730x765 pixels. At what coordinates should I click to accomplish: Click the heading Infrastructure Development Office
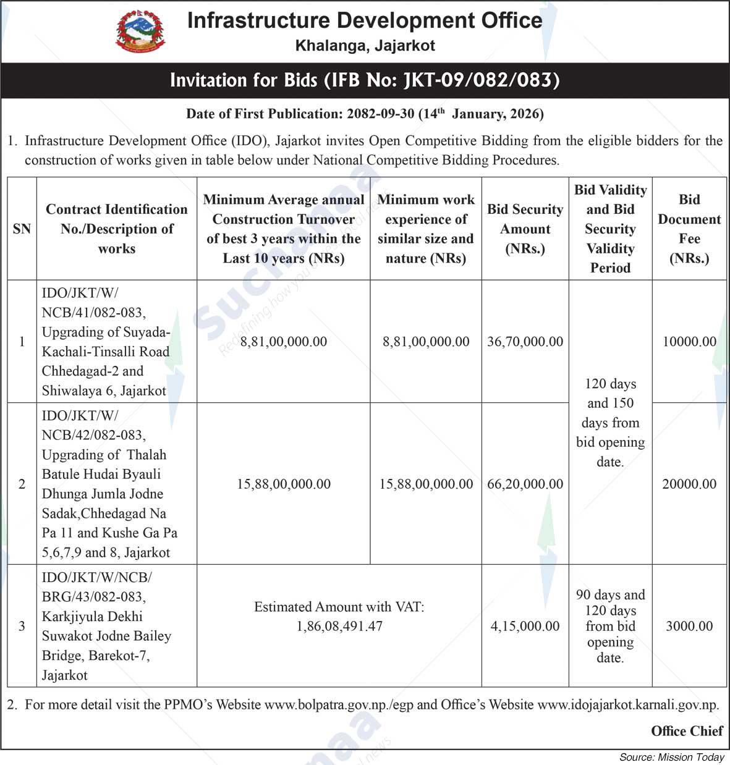[365, 20]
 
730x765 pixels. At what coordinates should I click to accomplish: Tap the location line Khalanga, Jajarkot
[365, 46]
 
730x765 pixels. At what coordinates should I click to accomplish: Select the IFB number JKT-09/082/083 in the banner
[482, 80]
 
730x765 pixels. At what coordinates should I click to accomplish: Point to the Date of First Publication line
[365, 114]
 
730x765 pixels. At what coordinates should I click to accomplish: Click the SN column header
[22, 229]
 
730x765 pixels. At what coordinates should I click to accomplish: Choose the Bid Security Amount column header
[525, 229]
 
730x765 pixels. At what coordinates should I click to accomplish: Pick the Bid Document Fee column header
[689, 229]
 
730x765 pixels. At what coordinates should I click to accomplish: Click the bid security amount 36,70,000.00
[525, 342]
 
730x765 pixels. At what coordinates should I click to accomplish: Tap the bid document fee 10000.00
[689, 342]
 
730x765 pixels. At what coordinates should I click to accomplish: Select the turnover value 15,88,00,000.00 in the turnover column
[284, 484]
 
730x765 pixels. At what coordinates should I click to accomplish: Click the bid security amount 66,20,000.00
[525, 484]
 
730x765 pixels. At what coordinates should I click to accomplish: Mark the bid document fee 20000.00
[689, 484]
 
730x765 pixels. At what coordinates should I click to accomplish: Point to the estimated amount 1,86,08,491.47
[339, 626]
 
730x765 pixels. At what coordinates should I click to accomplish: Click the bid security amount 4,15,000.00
[525, 626]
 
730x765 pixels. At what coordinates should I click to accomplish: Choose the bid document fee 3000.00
[689, 626]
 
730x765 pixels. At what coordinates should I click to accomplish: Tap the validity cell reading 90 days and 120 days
[610, 626]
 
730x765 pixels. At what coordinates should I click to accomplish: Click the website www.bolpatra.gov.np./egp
[339, 704]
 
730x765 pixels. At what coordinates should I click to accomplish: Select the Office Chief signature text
[687, 731]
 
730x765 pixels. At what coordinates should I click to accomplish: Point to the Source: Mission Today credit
[672, 757]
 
